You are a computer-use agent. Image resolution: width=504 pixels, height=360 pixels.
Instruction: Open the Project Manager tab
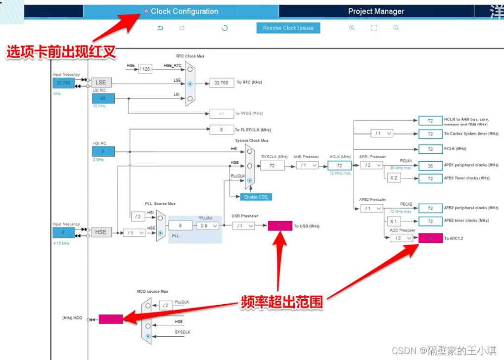point(376,11)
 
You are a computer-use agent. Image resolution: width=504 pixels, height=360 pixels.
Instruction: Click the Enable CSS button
point(256,197)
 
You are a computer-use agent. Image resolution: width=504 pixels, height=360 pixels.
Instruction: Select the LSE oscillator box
point(101,83)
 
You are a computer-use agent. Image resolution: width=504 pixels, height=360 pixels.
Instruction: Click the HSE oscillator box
point(101,232)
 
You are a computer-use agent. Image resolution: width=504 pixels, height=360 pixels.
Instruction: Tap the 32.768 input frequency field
point(63,83)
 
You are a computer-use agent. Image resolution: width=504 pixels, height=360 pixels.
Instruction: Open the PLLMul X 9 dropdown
point(208,225)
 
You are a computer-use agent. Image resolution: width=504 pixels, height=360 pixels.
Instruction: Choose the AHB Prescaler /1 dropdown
point(307,165)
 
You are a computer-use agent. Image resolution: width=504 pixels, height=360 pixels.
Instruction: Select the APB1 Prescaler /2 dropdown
point(373,165)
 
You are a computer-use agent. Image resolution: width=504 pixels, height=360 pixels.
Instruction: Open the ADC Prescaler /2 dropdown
point(402,238)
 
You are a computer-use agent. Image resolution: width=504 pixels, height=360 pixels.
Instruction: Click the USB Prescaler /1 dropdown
point(243,225)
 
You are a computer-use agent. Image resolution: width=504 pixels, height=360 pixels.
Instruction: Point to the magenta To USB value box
point(280,226)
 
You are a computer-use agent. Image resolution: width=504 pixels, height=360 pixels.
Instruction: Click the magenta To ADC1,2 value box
point(430,238)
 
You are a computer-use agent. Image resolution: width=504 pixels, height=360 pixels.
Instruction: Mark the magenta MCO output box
point(111,319)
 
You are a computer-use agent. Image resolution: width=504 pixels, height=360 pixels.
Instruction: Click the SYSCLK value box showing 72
point(272,166)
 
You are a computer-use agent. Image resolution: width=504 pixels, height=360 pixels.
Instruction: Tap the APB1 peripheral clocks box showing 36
point(430,166)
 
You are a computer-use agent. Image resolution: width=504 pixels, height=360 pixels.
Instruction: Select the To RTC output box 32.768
point(222,83)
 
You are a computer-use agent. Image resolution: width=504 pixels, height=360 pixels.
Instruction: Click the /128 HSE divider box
point(144,69)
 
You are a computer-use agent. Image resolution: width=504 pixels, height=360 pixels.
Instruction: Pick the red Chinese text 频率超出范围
point(282,302)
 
